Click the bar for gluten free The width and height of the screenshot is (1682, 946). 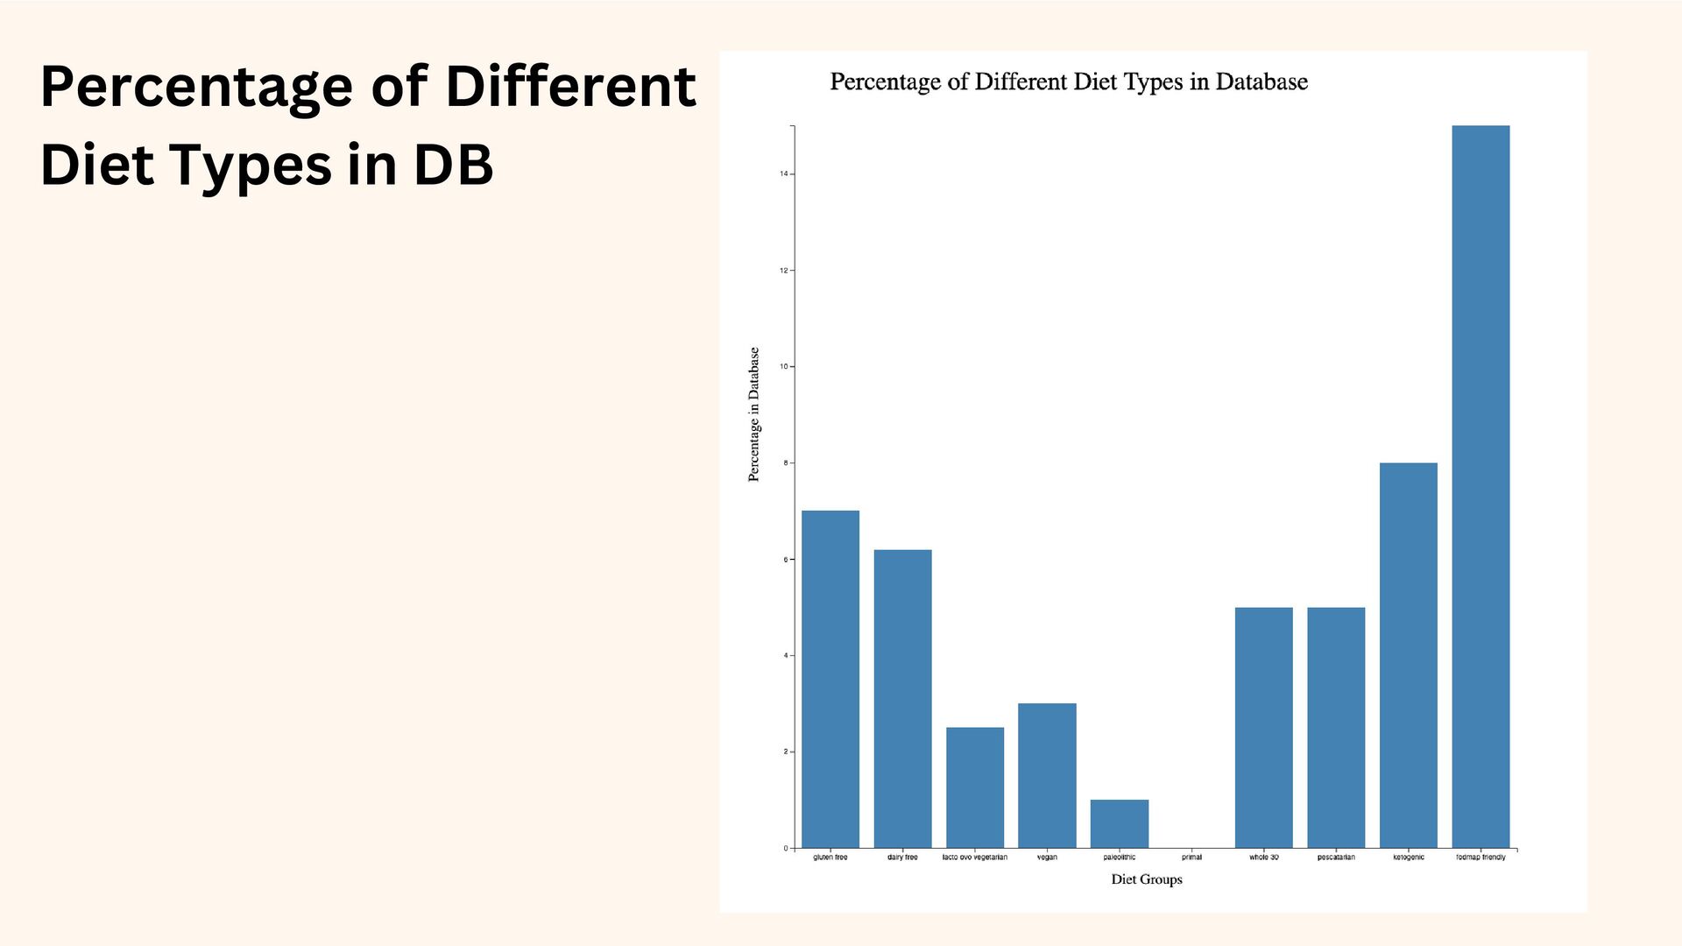point(830,679)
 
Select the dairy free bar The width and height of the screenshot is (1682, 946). point(902,698)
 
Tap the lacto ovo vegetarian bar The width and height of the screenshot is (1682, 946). point(975,787)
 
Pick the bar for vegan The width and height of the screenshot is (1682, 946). point(1047,775)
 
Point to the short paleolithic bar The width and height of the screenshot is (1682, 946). point(1119,823)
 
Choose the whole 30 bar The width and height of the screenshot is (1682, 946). point(1263,727)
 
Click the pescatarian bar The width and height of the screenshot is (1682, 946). point(1336,727)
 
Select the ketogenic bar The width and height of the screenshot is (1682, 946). point(1408,655)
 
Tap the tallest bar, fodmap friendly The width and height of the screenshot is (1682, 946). point(1481,486)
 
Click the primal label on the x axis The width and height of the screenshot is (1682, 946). point(1191,858)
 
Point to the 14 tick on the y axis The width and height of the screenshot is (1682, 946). point(784,174)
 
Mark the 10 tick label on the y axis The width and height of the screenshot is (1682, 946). point(784,367)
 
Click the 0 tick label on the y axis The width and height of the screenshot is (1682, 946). point(786,849)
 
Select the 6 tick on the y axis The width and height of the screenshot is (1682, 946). point(786,560)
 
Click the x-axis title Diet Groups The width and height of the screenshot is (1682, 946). point(1146,879)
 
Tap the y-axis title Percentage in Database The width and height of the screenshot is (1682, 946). point(753,414)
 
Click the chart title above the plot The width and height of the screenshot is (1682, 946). point(1069,82)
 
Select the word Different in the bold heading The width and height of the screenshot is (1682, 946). point(570,87)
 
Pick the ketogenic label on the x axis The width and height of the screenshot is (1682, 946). point(1408,858)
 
